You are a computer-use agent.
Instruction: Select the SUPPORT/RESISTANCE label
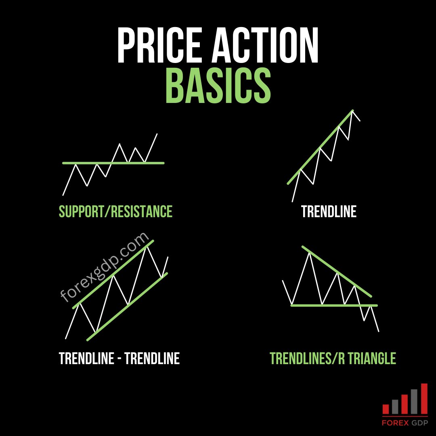[x=115, y=212]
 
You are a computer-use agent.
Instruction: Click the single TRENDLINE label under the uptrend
[x=329, y=212]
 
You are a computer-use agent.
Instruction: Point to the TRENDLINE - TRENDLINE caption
[x=119, y=358]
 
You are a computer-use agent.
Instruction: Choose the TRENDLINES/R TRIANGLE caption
[x=333, y=358]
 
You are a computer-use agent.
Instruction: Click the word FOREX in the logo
[x=395, y=423]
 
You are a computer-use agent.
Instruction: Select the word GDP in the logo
[x=418, y=423]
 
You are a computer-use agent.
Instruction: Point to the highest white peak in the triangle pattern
[x=310, y=253]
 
